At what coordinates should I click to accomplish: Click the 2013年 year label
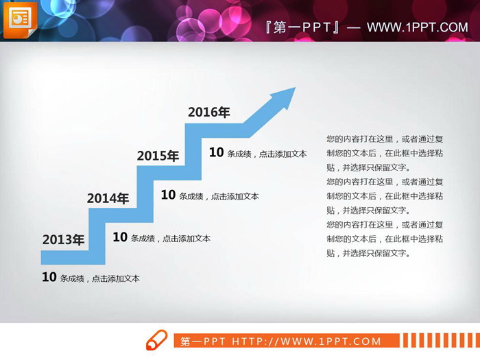(63, 240)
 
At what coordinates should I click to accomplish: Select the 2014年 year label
(108, 199)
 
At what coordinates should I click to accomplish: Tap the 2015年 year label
(158, 156)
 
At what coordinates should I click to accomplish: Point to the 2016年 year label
(208, 112)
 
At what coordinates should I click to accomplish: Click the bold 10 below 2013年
(49, 277)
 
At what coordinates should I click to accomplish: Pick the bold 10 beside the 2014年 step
(120, 237)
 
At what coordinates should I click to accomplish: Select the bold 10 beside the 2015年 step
(168, 195)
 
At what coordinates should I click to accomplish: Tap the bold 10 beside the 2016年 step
(216, 152)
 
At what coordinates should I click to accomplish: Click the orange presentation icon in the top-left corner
(20, 20)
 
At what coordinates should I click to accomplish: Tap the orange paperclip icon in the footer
(156, 339)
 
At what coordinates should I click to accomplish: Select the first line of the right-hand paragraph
(385, 139)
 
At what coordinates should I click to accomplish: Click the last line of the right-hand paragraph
(368, 253)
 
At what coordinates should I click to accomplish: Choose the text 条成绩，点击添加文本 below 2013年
(100, 278)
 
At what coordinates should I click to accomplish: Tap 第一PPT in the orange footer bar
(204, 341)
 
